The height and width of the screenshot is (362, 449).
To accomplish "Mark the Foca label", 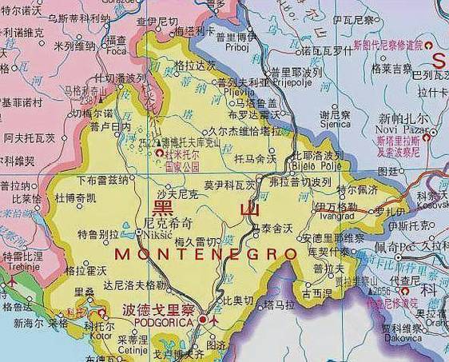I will [117, 50].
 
